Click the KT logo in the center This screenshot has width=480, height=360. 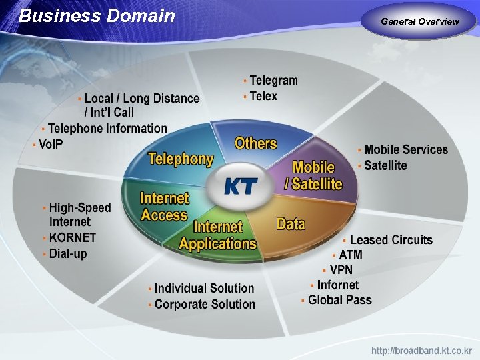[240, 185]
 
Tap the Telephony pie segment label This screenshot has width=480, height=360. [180, 159]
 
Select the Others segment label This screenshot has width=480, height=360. [255, 143]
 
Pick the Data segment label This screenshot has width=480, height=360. [291, 223]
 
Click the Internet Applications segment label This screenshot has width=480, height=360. [218, 235]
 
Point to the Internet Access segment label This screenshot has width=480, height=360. [164, 207]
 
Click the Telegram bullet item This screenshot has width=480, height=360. [273, 81]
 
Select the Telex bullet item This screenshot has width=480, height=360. [263, 96]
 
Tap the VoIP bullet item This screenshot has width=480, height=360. [51, 144]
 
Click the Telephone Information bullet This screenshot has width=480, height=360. [107, 128]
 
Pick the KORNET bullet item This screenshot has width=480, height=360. [72, 237]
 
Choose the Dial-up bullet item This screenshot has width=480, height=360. [67, 253]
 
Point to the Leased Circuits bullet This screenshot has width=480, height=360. [391, 240]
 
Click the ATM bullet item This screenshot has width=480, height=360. [350, 255]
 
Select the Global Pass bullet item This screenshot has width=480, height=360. [339, 300]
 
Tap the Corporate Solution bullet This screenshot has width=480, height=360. [205, 304]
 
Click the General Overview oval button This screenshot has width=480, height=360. [420, 21]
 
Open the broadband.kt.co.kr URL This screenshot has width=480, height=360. [421, 350]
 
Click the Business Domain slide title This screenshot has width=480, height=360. [97, 16]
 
